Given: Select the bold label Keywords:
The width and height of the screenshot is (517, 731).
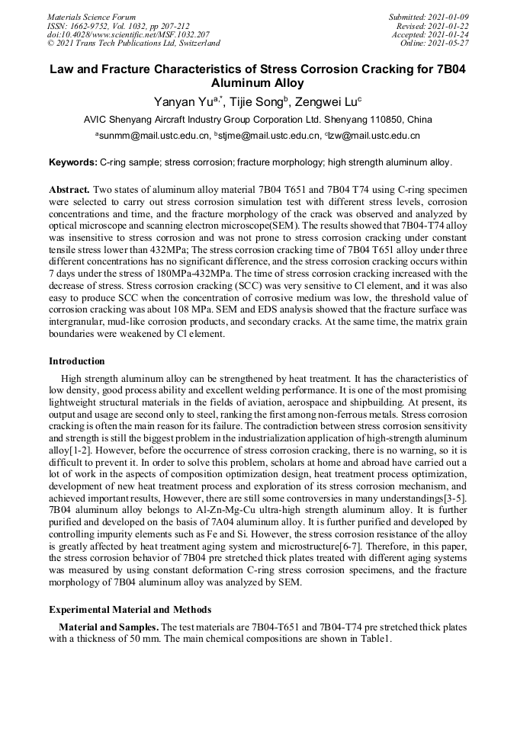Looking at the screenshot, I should tap(73, 162).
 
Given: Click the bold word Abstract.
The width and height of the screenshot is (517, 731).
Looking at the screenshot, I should tap(70, 188).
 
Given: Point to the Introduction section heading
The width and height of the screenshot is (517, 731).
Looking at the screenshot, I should tap(77, 361).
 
